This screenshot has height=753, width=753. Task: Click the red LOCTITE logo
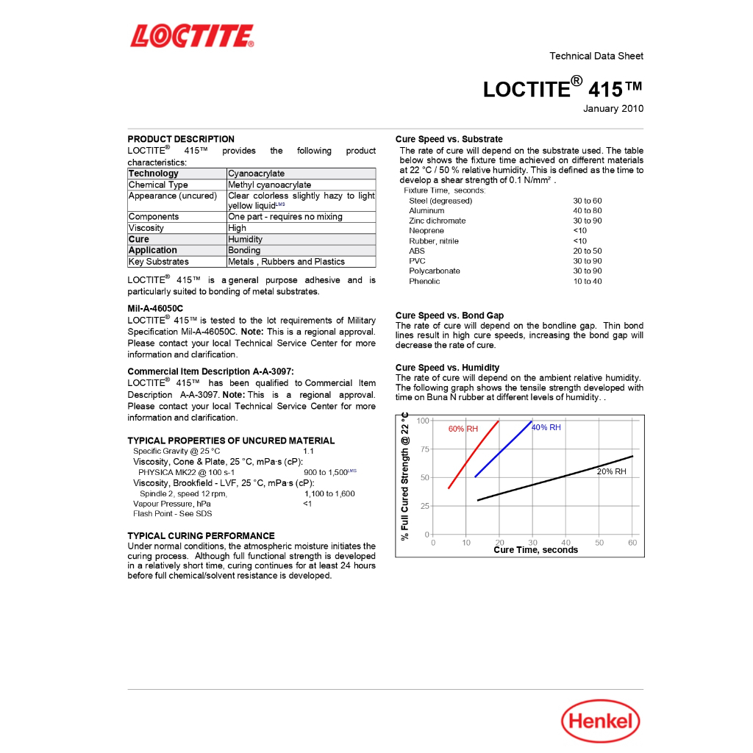click(192, 36)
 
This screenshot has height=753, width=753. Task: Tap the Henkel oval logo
click(601, 721)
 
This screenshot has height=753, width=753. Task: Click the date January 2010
click(613, 109)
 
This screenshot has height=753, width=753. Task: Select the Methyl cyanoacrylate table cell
click(269, 185)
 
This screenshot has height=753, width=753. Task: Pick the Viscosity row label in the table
click(146, 228)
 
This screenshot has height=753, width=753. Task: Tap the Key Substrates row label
click(159, 262)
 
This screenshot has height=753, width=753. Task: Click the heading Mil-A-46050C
click(155, 308)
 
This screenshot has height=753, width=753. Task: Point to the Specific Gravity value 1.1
click(308, 451)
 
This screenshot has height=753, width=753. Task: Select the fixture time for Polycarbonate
click(587, 271)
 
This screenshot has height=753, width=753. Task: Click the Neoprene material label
click(427, 231)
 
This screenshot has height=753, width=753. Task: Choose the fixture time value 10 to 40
click(587, 281)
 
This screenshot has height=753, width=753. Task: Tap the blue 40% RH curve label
click(546, 427)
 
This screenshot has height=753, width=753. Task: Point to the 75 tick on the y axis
click(424, 449)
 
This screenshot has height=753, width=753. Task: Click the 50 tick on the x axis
click(599, 543)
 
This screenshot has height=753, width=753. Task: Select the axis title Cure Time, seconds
click(535, 550)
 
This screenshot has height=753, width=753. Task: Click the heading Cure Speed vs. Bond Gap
click(449, 315)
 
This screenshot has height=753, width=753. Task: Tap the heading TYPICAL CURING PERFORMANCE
click(201, 535)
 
